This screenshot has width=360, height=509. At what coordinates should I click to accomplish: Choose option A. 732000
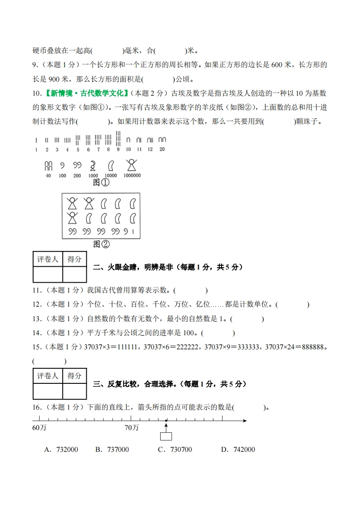click(61, 450)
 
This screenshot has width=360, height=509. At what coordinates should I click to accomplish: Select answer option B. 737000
click(112, 450)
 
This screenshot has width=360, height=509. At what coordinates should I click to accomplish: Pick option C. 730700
click(175, 450)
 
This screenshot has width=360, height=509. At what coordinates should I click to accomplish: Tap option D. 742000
click(238, 450)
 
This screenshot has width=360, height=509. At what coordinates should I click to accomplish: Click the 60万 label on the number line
click(39, 428)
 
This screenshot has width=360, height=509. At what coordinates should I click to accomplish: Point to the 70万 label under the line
click(132, 428)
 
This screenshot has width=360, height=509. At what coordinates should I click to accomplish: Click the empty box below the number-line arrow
click(166, 436)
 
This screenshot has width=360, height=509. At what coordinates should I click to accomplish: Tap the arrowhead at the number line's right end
click(245, 421)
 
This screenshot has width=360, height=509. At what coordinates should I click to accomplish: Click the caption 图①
click(101, 182)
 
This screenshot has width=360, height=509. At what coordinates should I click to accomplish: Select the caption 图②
click(101, 244)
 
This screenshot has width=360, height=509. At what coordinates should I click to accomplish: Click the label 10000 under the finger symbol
click(111, 176)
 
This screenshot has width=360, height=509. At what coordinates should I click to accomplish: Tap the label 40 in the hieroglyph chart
click(48, 176)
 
